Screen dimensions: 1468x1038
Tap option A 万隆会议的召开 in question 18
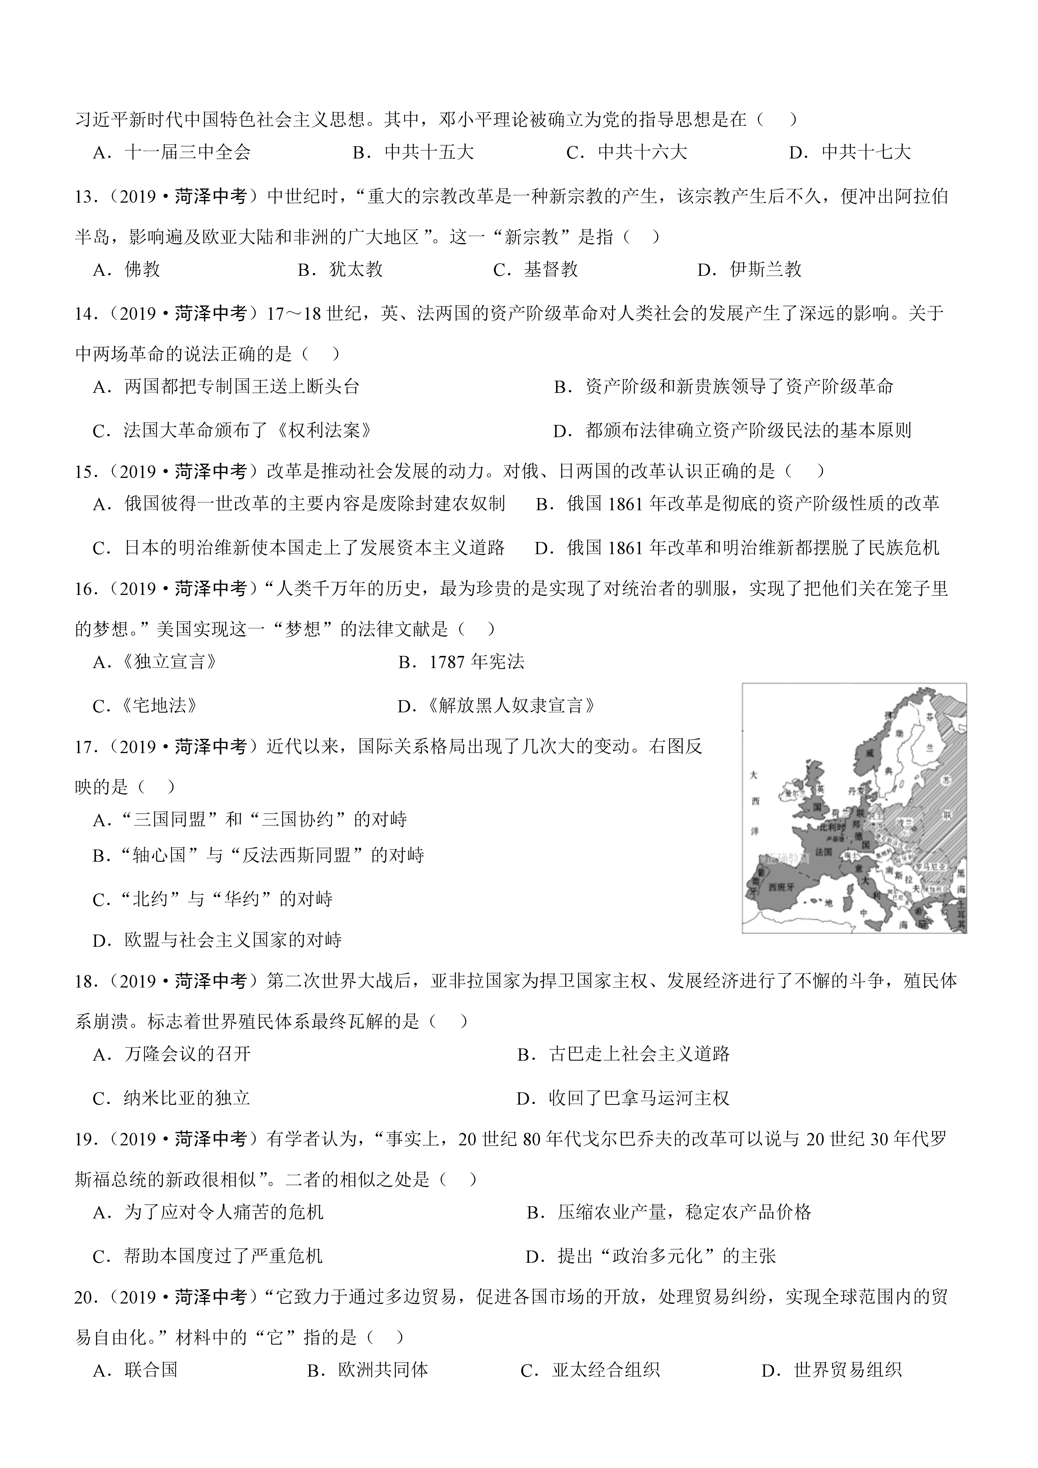(x=187, y=1054)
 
